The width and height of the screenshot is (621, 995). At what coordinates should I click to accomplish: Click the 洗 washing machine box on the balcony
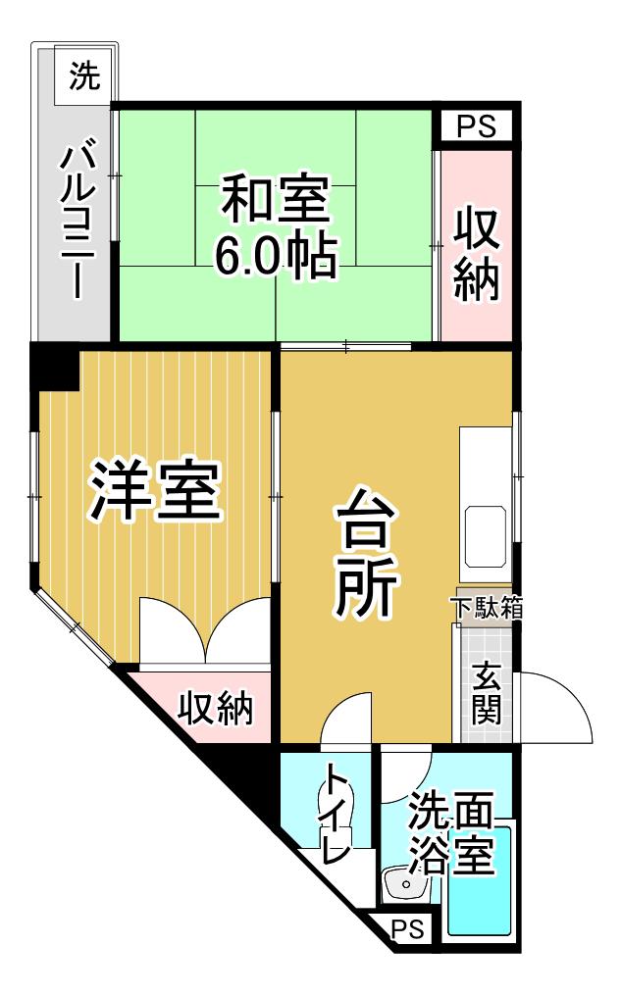pos(85,75)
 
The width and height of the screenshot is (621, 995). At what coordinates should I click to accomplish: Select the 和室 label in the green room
pos(275,201)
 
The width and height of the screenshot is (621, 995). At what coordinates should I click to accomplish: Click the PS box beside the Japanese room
pos(477,125)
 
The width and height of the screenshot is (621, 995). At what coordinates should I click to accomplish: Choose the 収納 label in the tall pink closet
pos(476,253)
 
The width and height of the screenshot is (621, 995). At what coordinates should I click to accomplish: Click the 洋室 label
pos(154,490)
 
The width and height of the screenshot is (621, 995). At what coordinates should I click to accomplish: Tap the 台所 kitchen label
pos(366,553)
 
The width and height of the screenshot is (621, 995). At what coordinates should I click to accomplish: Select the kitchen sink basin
pos(487,536)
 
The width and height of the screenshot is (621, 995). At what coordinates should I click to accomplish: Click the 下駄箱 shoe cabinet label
pos(487,607)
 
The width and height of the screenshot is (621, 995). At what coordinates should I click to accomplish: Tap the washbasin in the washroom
pos(404,882)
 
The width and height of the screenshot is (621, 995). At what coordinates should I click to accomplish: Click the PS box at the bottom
pos(406,929)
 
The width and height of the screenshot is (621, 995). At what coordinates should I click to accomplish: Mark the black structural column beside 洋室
pos(56,367)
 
